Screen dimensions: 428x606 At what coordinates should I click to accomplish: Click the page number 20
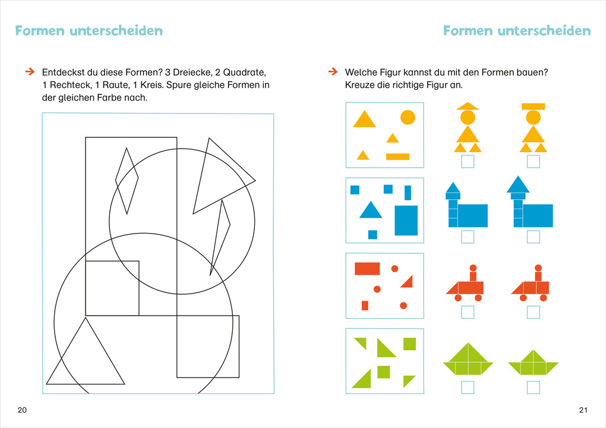pyautogui.click(x=23, y=410)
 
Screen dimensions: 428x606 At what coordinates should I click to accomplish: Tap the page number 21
pyautogui.click(x=583, y=410)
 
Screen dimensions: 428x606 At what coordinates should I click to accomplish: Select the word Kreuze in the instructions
pyautogui.click(x=359, y=85)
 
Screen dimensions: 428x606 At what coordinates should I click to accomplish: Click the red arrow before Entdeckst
pyautogui.click(x=29, y=72)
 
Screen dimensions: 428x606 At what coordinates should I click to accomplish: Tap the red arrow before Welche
pyautogui.click(x=332, y=72)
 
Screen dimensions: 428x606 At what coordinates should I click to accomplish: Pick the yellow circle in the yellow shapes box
pyautogui.click(x=408, y=117)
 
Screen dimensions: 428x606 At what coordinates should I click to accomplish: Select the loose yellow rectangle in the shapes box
pyautogui.click(x=397, y=157)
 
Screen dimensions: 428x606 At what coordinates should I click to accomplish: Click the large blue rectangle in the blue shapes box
pyautogui.click(x=406, y=220)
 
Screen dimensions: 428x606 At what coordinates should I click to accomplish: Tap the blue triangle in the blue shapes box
pyautogui.click(x=370, y=210)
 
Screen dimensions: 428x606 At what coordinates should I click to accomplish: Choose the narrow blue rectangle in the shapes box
pyautogui.click(x=408, y=193)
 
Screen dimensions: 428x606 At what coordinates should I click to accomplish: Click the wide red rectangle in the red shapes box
pyautogui.click(x=367, y=268)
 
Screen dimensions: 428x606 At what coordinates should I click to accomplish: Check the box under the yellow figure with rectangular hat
pyautogui.click(x=533, y=161)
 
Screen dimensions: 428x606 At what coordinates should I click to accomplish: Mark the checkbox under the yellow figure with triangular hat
pyautogui.click(x=468, y=161)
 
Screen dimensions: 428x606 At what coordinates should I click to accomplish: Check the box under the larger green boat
pyautogui.click(x=468, y=388)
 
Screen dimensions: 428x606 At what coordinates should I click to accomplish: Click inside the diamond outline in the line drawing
pyautogui.click(x=127, y=178)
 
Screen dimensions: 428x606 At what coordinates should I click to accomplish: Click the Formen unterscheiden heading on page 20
pyautogui.click(x=89, y=30)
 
